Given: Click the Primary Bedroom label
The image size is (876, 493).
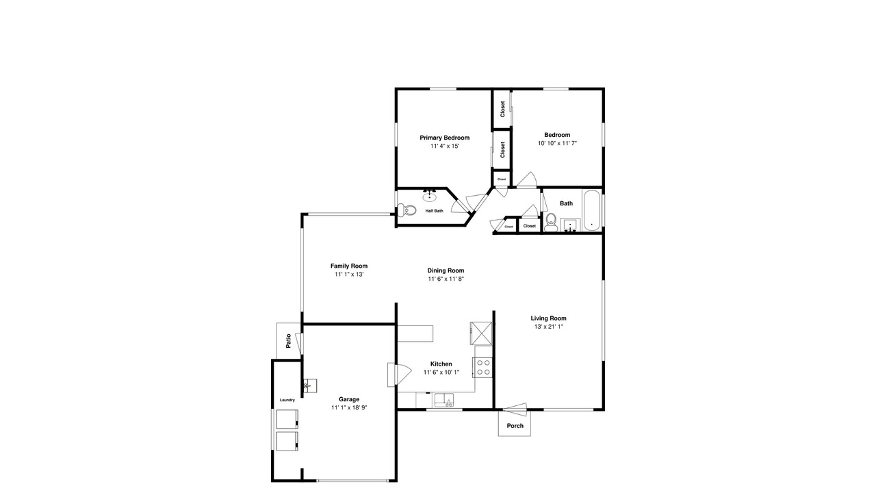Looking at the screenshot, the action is pos(444,138).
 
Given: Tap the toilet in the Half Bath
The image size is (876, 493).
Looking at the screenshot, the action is pos(407,210).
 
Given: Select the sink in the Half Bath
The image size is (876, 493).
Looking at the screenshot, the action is pos(429,196).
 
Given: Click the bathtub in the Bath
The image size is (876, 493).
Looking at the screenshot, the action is pos(591,210).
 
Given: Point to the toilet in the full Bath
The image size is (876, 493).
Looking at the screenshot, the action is pos(552,221).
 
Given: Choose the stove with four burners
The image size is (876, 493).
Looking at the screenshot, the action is pos(482,368).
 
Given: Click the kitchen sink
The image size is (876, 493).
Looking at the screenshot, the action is pos(443,400).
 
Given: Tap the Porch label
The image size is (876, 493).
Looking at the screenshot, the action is pos(515,426).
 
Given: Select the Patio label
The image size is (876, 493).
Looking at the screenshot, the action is pos(289,340).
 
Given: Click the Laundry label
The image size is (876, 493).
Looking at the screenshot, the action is pos(287,400).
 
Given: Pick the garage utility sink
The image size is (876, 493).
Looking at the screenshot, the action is pos(310,385).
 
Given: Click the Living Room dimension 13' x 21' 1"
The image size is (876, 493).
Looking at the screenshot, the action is pos(548,327).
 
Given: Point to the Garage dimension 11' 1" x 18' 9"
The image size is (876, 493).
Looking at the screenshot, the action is pos(349,407).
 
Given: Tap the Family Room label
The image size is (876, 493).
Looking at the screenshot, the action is pos(349,266).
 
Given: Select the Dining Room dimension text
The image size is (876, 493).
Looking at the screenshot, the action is pos(446,279).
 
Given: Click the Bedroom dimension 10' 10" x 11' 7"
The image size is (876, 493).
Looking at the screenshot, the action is pos(557,143).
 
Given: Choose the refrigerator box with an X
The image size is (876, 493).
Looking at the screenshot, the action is pos(481,333).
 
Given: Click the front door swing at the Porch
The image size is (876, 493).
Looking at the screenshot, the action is pos(515,409).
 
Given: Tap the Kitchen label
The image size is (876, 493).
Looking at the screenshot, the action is pos(441,364).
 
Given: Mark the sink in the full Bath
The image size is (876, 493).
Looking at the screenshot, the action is pos(570,225).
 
